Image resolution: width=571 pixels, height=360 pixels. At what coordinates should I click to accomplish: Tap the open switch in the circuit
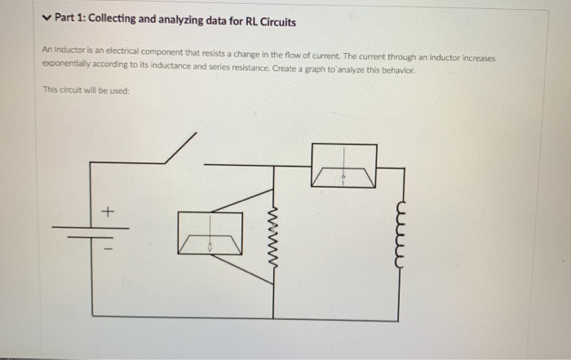point(179,151)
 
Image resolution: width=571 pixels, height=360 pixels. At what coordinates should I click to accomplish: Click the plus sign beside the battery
point(105,212)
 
